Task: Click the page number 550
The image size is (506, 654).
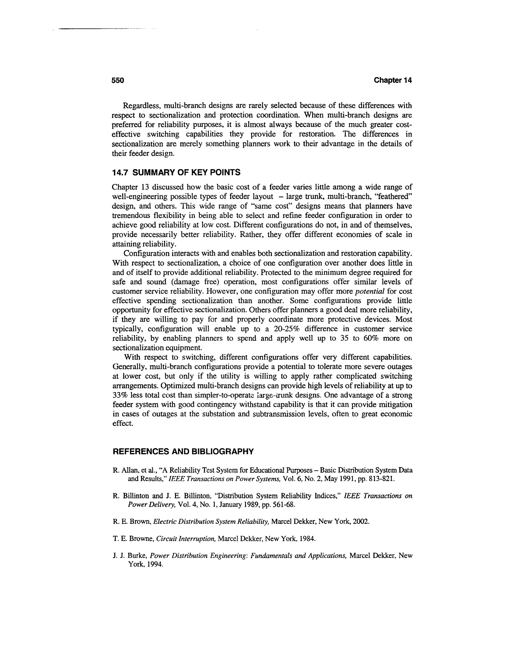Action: pos(118,80)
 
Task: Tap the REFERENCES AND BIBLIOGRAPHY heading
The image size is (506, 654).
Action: pos(183,451)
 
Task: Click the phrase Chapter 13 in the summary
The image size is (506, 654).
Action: pos(129,188)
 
